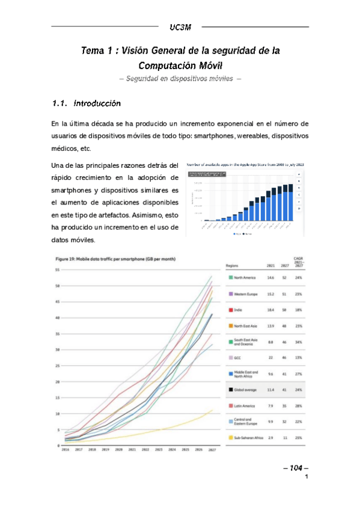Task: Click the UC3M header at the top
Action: click(180, 27)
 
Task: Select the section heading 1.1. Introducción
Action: click(87, 103)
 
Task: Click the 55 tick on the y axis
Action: click(57, 269)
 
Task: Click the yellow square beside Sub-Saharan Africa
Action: click(230, 437)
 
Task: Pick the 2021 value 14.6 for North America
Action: click(270, 278)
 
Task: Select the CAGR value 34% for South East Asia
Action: click(299, 342)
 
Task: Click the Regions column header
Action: click(234, 264)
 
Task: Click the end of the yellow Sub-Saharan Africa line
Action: click(212, 410)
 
